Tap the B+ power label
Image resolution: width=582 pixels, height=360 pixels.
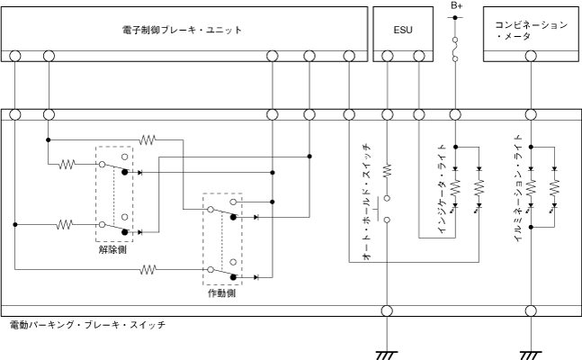(x=456, y=5)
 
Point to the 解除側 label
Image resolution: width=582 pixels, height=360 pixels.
(x=113, y=250)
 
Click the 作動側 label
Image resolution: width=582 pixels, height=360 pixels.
(x=220, y=293)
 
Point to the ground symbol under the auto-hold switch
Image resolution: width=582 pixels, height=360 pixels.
(x=388, y=353)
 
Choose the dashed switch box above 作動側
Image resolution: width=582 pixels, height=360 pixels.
(x=222, y=238)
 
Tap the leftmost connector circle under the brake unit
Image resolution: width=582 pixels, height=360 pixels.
(x=15, y=56)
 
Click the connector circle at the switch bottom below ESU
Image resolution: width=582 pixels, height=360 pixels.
(x=388, y=311)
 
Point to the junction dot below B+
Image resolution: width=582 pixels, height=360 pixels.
(x=456, y=143)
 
